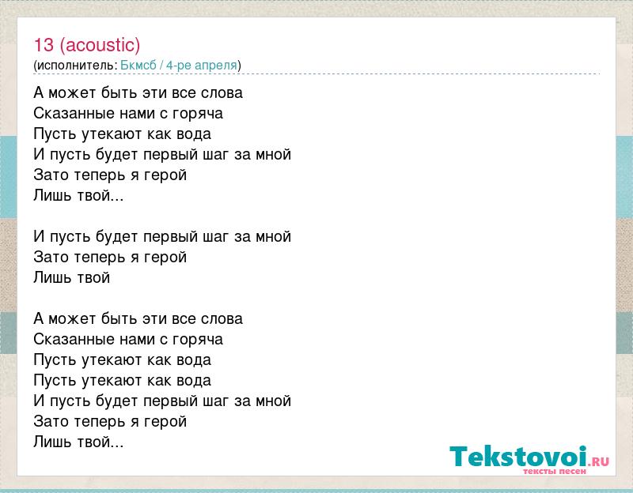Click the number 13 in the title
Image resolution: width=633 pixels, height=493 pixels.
point(44,45)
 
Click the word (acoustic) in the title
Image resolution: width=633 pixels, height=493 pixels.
point(100,45)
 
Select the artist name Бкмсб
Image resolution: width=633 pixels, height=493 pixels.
point(138,65)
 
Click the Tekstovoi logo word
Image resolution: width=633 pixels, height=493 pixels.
point(518,457)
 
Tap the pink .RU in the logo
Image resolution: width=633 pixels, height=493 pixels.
point(600,461)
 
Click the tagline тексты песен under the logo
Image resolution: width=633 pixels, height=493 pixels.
point(555,471)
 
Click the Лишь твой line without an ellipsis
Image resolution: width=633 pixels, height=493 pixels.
point(72,277)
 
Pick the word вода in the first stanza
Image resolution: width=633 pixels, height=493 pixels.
point(194,134)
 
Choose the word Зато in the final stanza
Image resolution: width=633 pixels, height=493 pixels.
point(51,422)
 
